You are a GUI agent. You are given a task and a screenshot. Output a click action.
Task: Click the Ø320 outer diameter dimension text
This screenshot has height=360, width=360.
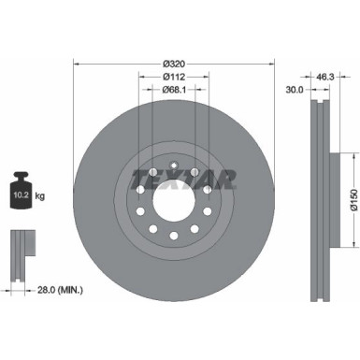[x=175, y=53]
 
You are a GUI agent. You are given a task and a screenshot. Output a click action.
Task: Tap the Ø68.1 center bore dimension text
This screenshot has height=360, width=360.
[x=175, y=90]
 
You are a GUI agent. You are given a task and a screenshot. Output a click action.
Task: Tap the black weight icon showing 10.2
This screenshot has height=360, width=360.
[x=25, y=189]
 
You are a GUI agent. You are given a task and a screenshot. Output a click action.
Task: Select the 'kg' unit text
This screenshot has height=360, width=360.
[x=50, y=196]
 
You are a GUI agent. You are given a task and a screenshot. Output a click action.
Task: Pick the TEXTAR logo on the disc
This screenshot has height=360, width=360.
[x=182, y=177]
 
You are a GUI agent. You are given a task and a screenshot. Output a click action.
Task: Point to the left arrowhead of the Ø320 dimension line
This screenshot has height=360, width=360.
[x=76, y=63]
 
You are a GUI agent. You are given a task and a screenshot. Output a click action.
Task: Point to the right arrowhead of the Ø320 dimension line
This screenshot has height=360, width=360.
[x=273, y=63]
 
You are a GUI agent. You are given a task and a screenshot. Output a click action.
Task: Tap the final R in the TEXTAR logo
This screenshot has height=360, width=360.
[x=226, y=178]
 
